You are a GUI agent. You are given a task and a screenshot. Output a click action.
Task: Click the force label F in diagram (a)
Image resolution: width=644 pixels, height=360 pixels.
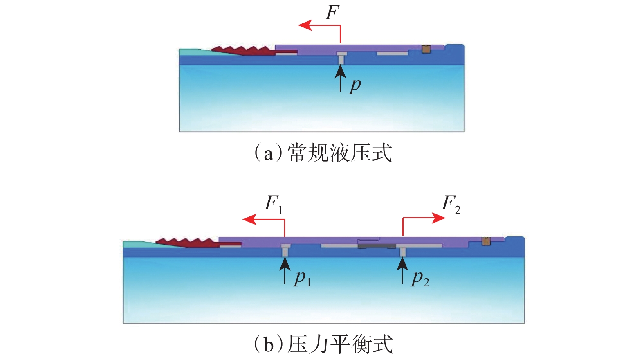coord(332,13)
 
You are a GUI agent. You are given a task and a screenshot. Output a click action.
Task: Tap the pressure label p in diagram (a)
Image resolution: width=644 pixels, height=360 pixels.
coord(355,85)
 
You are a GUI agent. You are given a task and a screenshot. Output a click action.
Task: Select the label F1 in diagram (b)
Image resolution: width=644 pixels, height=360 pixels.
coord(273,203)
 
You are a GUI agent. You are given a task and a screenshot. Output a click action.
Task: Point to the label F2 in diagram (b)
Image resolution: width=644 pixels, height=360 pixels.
coord(451,203)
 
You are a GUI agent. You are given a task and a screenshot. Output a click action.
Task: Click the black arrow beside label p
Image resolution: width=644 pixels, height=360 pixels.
coord(340,77)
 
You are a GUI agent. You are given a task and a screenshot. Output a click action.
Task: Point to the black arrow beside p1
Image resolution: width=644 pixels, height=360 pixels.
coord(285,270)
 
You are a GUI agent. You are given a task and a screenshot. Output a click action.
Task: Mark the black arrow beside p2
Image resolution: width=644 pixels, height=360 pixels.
coord(402,270)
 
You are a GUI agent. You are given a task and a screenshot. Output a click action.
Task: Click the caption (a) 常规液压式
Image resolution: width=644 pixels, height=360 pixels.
coord(323,153)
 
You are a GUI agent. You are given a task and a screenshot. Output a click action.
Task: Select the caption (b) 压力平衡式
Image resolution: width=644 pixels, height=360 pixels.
coord(323,344)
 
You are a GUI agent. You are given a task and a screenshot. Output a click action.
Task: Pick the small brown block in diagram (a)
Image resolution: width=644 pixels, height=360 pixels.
coord(426,49)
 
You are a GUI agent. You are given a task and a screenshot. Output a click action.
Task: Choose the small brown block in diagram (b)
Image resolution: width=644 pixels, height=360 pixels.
coord(486,241)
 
